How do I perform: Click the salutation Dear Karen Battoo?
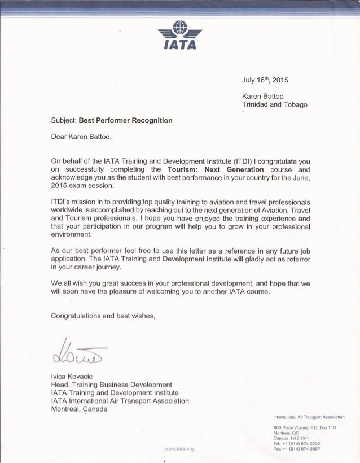[x=90, y=136]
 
